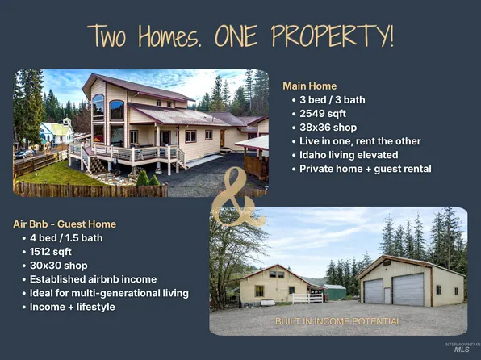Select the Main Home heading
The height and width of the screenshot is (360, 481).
pyautogui.click(x=309, y=86)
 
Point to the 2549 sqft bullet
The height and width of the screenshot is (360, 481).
pyautogui.click(x=323, y=113)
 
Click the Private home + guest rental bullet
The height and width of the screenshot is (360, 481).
pyautogui.click(x=366, y=168)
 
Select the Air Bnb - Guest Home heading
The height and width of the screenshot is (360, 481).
pyautogui.click(x=64, y=224)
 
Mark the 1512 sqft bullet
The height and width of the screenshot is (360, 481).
pyautogui.click(x=53, y=251)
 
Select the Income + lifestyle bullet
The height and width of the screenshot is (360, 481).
pyautogui.click(x=71, y=306)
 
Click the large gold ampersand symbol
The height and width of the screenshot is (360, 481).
pyautogui.click(x=238, y=198)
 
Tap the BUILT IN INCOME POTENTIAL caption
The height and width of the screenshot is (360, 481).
pyautogui.click(x=338, y=321)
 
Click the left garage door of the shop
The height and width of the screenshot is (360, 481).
pyautogui.click(x=374, y=291)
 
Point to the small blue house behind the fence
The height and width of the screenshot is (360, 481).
pyautogui.click(x=56, y=132)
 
